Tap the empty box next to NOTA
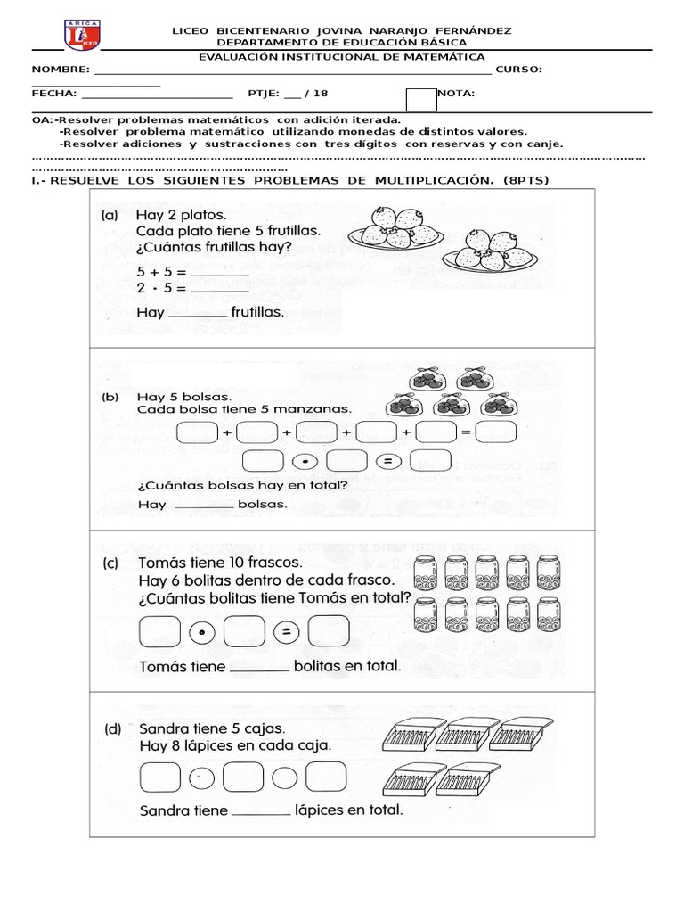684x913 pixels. [x=421, y=100]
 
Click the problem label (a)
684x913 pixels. [x=111, y=215]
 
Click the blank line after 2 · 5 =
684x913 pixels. [x=219, y=288]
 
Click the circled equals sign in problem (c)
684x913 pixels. [x=288, y=632]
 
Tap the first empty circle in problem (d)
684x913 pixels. [x=202, y=776]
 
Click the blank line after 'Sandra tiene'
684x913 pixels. [x=261, y=811]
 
